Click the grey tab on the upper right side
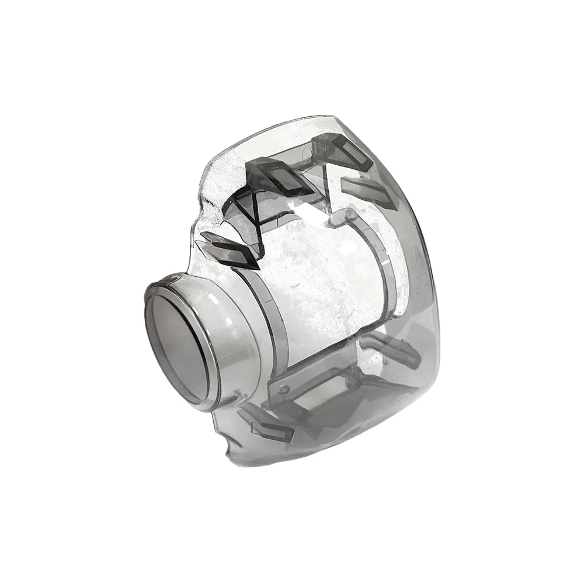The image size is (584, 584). coord(366,190)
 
